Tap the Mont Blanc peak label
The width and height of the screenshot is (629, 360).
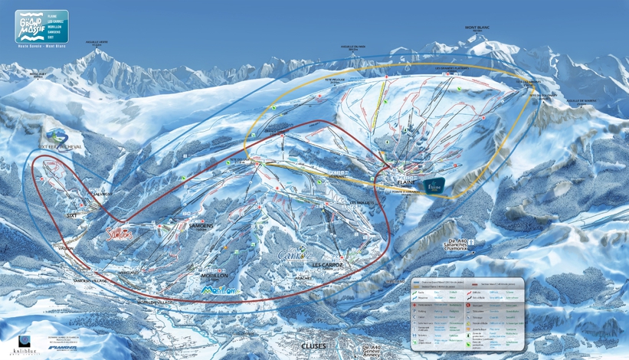(477, 28)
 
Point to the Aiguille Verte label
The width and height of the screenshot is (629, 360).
(97, 44)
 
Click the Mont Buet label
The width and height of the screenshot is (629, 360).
(38, 74)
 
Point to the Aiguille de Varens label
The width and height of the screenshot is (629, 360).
(581, 100)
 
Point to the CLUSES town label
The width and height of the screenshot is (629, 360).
(313, 346)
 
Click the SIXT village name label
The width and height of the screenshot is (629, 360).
(72, 216)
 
